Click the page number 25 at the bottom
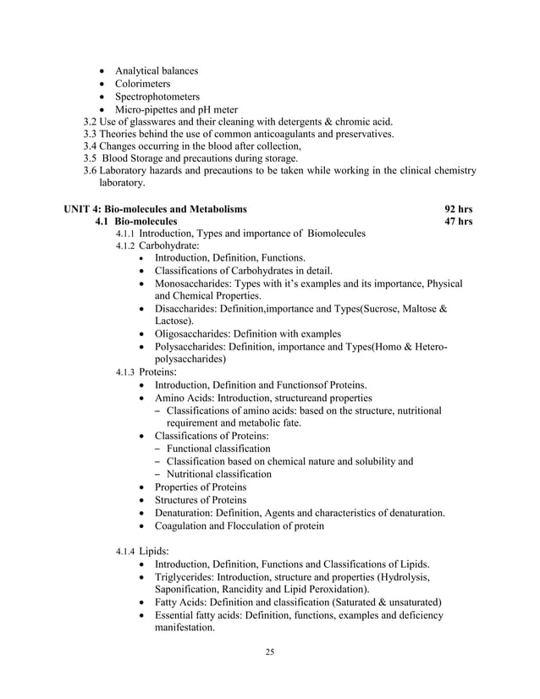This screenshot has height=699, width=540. [x=269, y=652]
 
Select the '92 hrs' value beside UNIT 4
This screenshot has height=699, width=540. [x=459, y=208]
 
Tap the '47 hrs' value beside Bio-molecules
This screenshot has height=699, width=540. [x=459, y=222]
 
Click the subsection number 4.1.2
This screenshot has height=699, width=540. [x=125, y=246]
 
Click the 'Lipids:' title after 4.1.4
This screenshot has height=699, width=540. [x=155, y=552]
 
